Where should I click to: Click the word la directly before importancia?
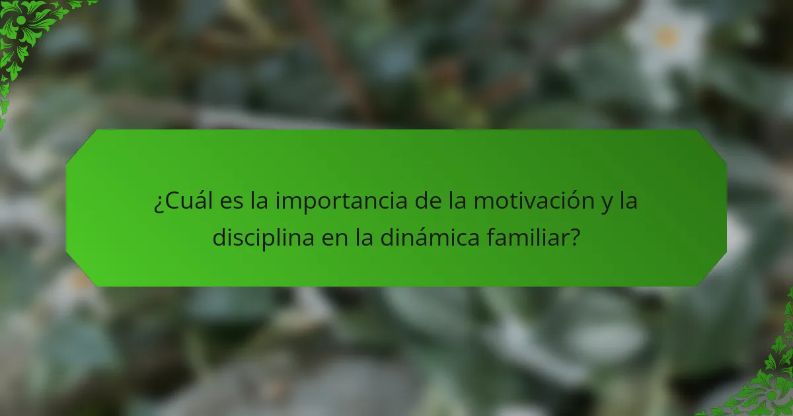click(x=260, y=201)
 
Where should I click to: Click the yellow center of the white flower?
click(x=666, y=38)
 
